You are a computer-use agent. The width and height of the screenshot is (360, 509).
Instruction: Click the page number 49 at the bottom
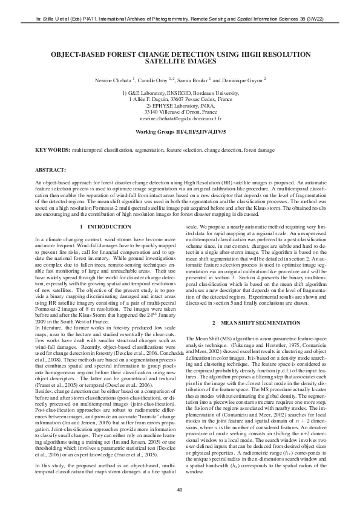point(180,489)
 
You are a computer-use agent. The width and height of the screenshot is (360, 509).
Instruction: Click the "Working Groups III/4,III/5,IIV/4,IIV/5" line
point(180,131)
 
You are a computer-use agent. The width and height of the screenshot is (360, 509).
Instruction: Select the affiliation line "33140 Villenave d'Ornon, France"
point(180,112)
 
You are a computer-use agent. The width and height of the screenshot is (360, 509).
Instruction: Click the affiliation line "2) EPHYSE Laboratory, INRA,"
point(180,106)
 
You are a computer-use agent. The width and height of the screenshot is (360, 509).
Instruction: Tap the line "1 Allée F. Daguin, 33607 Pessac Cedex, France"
point(180,99)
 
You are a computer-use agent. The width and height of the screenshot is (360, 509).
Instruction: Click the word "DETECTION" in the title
point(180,54)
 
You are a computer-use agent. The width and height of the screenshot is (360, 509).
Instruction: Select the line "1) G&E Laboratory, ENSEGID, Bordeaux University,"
point(180,92)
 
